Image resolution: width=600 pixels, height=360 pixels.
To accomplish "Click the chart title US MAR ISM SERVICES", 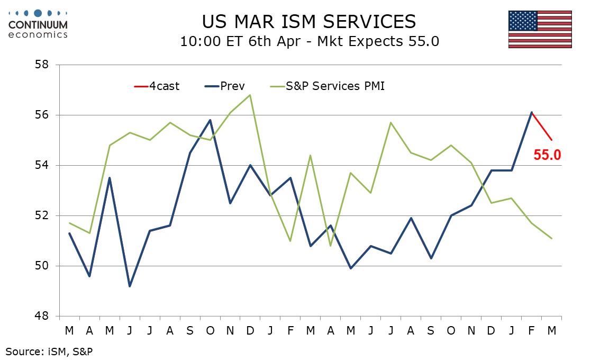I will click(309, 21).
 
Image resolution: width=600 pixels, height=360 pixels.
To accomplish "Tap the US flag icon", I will click(540, 29).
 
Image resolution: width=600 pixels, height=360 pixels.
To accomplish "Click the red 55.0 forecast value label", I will click(547, 155).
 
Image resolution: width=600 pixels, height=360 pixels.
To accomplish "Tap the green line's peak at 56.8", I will click(250, 95).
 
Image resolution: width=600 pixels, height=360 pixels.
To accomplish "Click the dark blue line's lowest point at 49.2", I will click(130, 286).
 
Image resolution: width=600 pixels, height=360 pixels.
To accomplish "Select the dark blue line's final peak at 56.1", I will click(532, 112).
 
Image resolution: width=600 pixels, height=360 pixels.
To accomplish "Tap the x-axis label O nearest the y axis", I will click(210, 330).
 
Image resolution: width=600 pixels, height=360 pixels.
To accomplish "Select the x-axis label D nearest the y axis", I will click(250, 330).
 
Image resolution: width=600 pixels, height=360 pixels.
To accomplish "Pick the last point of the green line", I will click(552, 238).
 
